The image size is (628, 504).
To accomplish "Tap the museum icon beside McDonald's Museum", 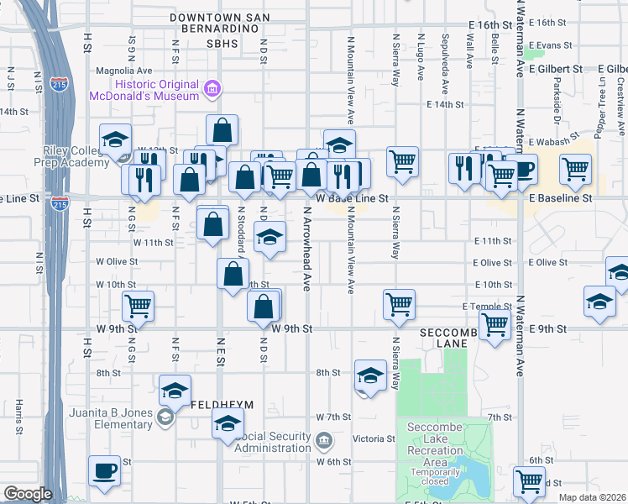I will pos(212,87).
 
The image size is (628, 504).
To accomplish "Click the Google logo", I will pos(28,494).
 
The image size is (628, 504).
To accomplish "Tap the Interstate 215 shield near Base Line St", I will pos(59,203).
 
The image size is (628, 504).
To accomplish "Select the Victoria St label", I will pos(373,438).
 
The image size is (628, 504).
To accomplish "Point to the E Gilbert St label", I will pos(562,68).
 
